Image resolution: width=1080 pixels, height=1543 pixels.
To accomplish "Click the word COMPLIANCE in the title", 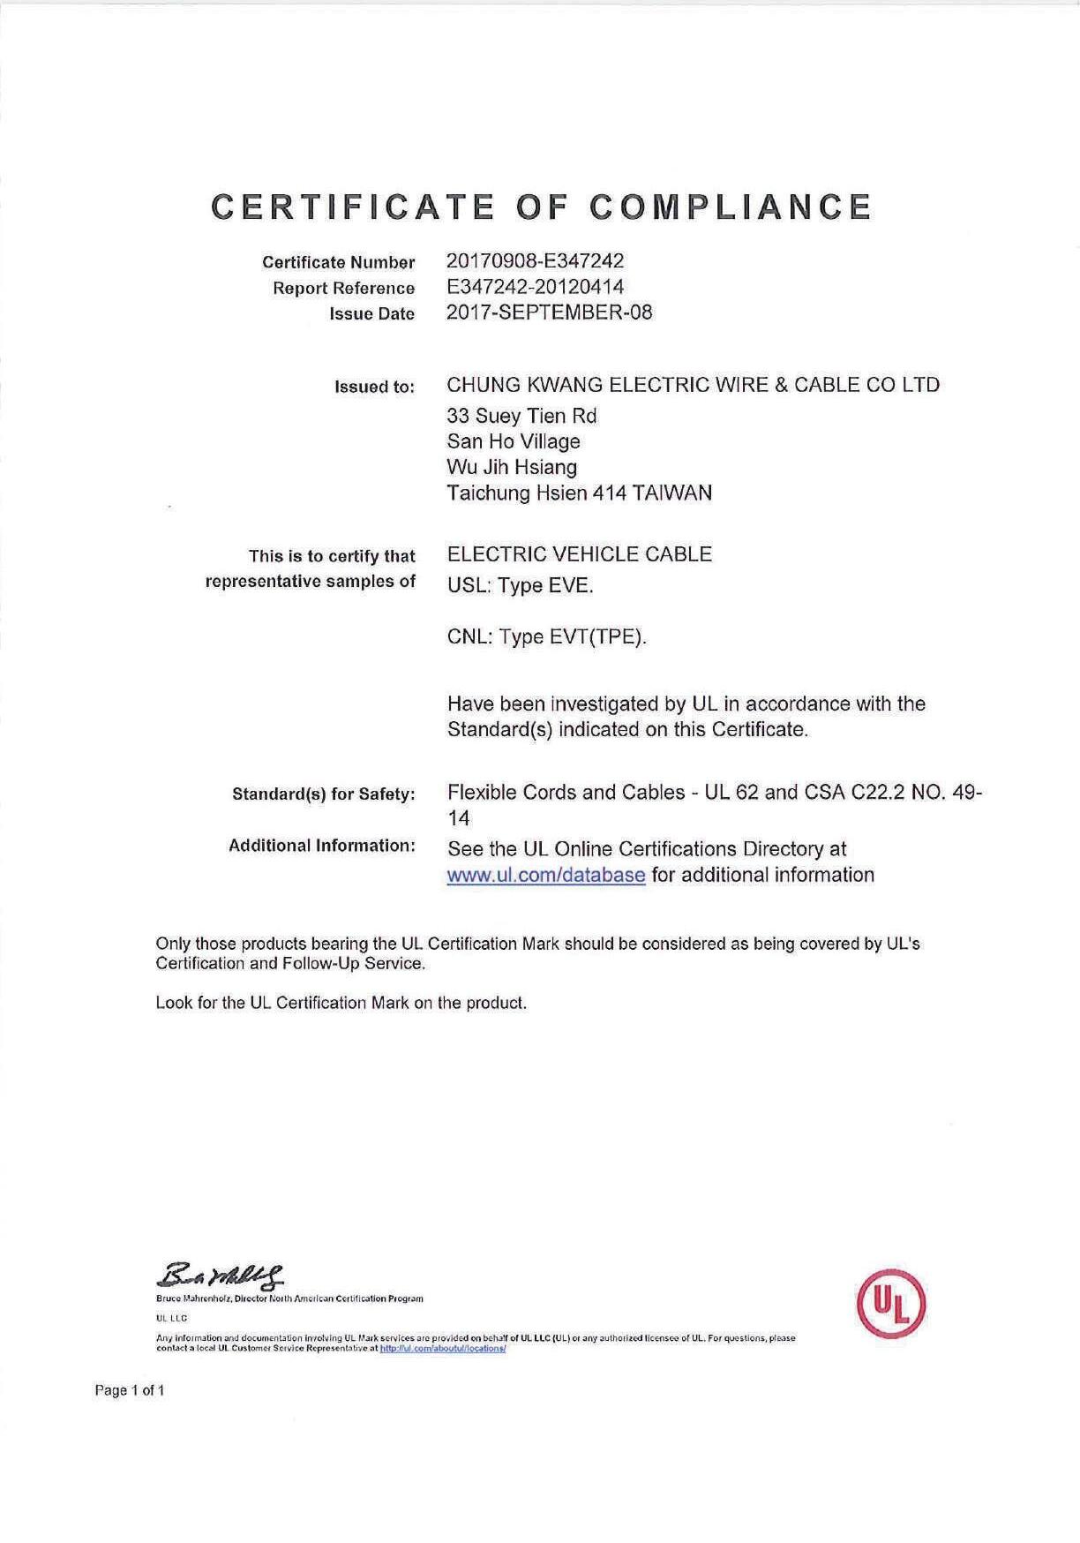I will [731, 207].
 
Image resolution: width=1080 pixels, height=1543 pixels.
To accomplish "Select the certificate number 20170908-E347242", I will [536, 261].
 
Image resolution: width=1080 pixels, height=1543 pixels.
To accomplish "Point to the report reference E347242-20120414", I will [536, 287].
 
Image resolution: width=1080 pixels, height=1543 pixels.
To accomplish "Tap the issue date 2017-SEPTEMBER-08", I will [550, 312].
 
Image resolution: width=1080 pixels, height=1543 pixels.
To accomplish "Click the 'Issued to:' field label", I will [374, 387].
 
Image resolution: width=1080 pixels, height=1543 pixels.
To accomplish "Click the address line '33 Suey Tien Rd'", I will [522, 416].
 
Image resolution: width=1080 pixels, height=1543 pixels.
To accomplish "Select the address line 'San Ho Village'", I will [514, 441].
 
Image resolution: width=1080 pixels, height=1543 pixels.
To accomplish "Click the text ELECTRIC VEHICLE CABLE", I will [580, 554].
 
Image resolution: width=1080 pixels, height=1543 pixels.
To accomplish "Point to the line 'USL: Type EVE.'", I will [521, 586].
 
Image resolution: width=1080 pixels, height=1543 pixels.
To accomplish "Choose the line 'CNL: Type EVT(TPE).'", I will [547, 637].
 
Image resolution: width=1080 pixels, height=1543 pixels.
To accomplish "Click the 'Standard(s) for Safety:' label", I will [324, 794].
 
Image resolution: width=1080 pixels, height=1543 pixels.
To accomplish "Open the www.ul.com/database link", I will [546, 876].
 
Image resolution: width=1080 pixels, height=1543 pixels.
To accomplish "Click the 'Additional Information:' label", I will [322, 846].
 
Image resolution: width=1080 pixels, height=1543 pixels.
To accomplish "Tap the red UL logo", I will [891, 1303].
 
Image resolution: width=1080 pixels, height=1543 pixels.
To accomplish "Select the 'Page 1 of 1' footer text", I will [129, 1391].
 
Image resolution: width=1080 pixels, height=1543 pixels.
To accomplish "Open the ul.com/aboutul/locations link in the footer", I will [443, 1349].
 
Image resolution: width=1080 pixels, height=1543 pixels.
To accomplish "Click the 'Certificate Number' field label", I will [338, 262].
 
